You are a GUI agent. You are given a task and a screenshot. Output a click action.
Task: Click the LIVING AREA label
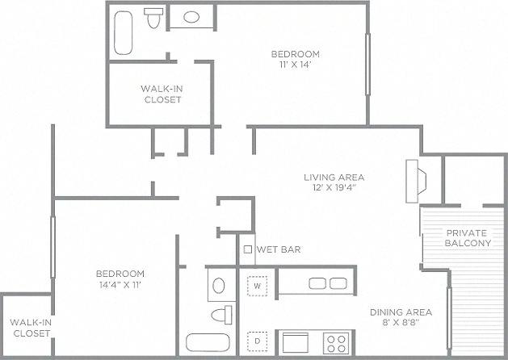334,178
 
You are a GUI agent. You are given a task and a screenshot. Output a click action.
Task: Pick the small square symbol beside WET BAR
248,249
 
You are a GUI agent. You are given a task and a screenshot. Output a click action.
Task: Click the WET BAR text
279,249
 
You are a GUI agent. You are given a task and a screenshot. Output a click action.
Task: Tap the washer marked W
258,286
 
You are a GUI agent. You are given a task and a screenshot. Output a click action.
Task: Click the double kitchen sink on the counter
325,283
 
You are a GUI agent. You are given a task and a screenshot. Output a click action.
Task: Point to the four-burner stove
334,341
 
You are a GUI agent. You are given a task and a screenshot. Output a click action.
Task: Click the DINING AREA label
401,312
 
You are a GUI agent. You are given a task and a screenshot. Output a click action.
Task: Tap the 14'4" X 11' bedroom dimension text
120,284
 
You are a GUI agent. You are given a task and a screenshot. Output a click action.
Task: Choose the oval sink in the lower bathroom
217,284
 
